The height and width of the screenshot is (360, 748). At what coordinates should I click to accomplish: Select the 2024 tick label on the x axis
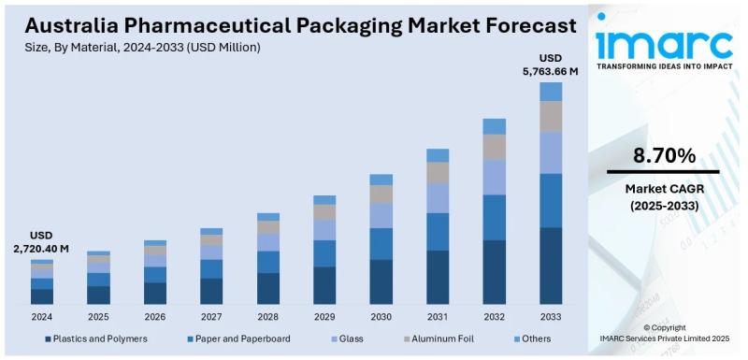coord(41,317)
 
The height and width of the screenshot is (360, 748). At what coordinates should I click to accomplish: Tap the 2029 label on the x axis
coord(324,317)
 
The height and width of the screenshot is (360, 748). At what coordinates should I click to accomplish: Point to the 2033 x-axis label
coord(551,317)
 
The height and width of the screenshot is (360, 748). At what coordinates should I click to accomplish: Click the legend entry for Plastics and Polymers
coord(97,338)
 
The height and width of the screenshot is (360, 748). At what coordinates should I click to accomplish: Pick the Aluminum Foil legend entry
coord(441,338)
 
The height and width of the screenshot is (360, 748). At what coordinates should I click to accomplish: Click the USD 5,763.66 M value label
coord(550,63)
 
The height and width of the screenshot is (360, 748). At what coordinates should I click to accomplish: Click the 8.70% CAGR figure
coord(664,155)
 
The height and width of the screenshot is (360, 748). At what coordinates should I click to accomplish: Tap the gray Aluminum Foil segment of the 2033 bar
coord(551,116)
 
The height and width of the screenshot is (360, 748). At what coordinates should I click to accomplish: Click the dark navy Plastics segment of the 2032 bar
coord(495,272)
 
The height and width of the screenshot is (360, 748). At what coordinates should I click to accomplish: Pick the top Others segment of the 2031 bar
coord(438,155)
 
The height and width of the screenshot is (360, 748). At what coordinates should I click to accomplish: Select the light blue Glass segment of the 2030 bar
coord(381,215)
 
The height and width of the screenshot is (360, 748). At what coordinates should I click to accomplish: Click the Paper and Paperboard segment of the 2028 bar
coord(268,262)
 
